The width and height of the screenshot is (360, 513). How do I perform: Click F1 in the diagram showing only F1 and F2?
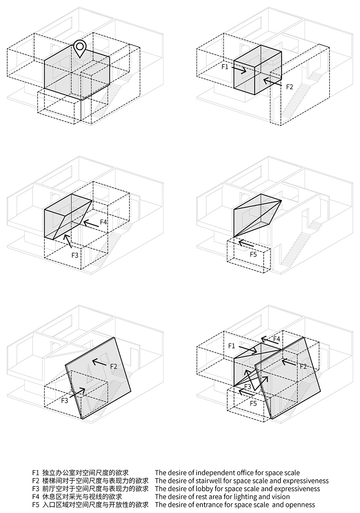(225, 67)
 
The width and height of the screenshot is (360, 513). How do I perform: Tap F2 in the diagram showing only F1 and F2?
(289, 87)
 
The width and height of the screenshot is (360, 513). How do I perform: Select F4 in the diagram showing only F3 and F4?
(104, 222)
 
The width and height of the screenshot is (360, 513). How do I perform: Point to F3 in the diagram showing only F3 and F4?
(75, 255)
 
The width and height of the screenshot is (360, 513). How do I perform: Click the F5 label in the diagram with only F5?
(253, 255)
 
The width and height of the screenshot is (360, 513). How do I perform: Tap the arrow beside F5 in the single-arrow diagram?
(246, 243)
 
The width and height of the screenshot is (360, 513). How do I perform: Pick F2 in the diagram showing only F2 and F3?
(114, 366)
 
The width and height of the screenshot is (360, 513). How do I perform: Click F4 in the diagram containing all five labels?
(277, 339)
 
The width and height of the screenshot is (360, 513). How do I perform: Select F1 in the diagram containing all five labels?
(231, 346)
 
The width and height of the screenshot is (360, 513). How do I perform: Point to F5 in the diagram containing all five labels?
(253, 403)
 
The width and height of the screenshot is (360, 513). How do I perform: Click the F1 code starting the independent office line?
(36, 473)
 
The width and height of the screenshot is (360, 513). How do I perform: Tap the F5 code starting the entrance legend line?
(36, 505)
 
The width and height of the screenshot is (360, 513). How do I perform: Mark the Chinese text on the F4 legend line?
(82, 497)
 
